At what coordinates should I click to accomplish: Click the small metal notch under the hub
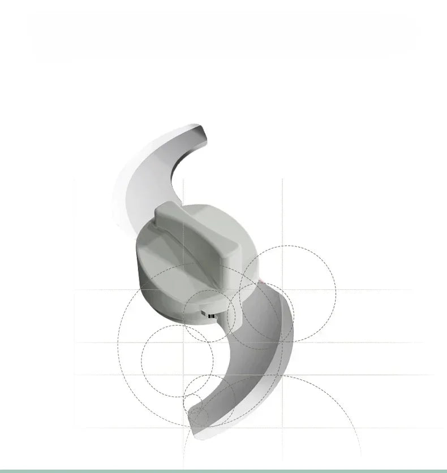pos(208,314)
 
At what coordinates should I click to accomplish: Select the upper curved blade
pos(153,170)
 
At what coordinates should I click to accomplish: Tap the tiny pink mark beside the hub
pos(261,280)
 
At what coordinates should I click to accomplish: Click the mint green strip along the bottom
pos(223,470)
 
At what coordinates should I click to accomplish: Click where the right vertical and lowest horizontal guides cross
pos(283,375)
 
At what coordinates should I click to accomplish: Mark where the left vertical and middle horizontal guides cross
pos(183,342)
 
